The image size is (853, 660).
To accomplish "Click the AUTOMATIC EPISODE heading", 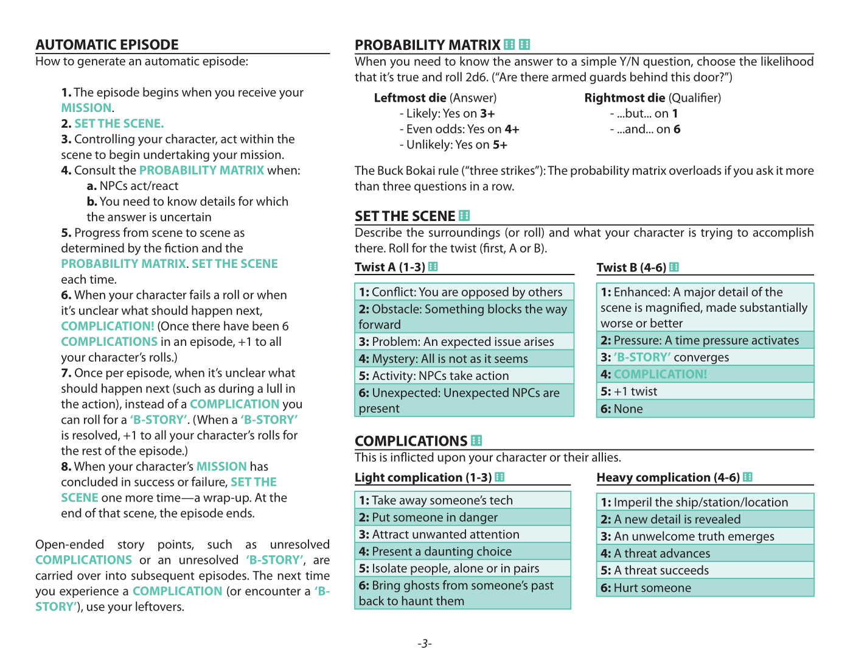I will [107, 45].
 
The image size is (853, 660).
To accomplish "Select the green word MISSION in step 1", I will [86, 108].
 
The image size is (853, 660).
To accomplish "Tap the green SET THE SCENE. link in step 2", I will [119, 124].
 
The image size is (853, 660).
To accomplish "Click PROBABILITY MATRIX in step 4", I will [201, 170].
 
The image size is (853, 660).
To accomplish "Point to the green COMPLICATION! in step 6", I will [108, 326].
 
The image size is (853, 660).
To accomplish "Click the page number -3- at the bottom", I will [425, 644].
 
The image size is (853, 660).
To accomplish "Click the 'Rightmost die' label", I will [625, 98].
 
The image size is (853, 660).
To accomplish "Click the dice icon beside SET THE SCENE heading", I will [464, 216].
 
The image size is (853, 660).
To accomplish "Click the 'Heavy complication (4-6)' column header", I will [668, 477].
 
